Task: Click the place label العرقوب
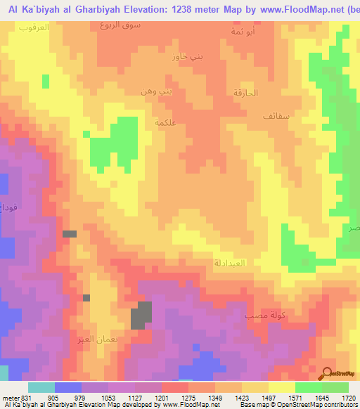[x=32, y=27]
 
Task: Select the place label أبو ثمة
[x=243, y=32]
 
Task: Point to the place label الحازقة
[x=245, y=93]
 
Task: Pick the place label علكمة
[x=163, y=122]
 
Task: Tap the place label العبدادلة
[x=229, y=263]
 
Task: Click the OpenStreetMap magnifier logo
[x=328, y=372]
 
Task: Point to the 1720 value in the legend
[x=348, y=398]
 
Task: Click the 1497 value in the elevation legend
[x=268, y=398]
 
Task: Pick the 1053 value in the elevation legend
[x=108, y=398]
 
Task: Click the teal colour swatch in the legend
[x=41, y=387]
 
